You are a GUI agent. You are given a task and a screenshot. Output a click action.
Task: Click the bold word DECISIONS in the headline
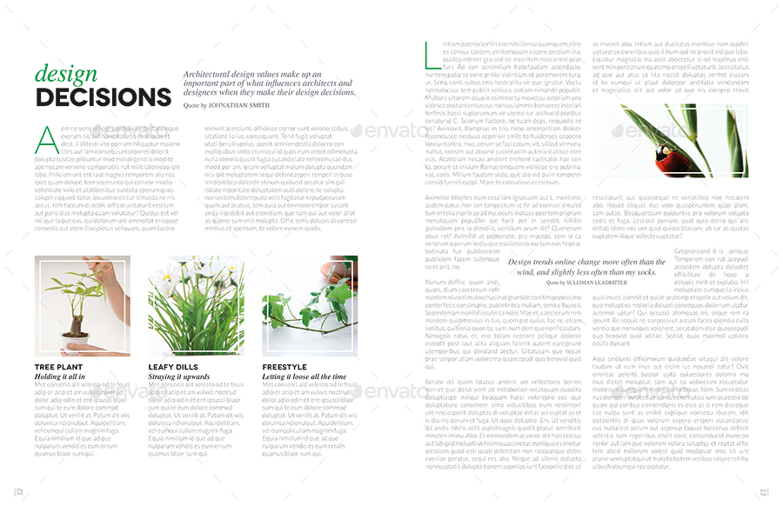(104, 97)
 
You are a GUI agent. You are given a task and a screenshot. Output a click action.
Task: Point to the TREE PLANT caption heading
(58, 367)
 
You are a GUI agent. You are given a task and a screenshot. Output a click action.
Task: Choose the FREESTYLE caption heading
(284, 367)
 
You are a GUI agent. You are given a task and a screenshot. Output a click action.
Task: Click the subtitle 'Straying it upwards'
(178, 376)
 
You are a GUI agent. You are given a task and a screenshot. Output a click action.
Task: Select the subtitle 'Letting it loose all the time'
(304, 376)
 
